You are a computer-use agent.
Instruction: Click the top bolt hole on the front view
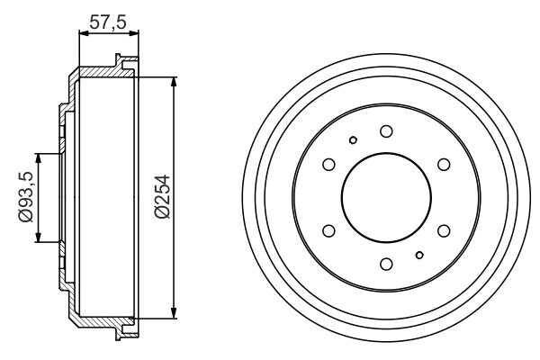(x=385, y=131)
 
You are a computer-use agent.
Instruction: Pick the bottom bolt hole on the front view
(x=385, y=264)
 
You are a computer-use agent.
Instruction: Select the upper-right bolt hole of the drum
(x=443, y=164)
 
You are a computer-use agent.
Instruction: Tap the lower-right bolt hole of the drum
(x=443, y=230)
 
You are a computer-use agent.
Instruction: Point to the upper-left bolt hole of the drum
(x=328, y=164)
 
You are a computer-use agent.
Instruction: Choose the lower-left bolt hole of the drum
(x=328, y=230)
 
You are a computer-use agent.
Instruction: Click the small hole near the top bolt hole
(x=353, y=139)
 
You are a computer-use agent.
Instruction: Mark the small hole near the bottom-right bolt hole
(x=418, y=256)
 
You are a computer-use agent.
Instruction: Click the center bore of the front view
(x=385, y=197)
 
